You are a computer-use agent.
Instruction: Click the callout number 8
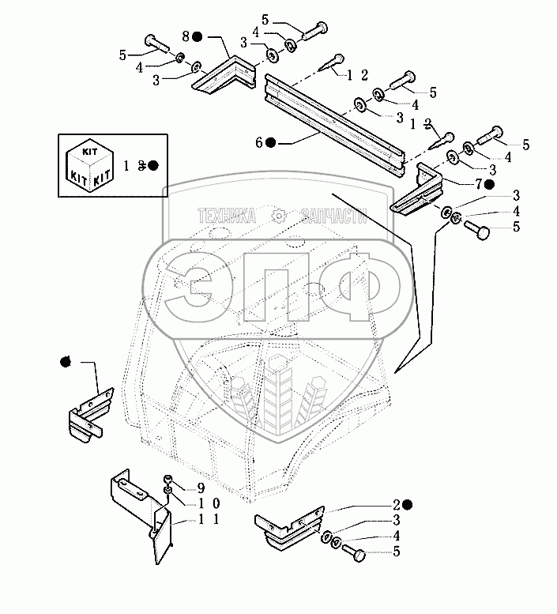186,36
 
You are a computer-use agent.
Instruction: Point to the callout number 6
258,142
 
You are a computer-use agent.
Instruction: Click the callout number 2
393,504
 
